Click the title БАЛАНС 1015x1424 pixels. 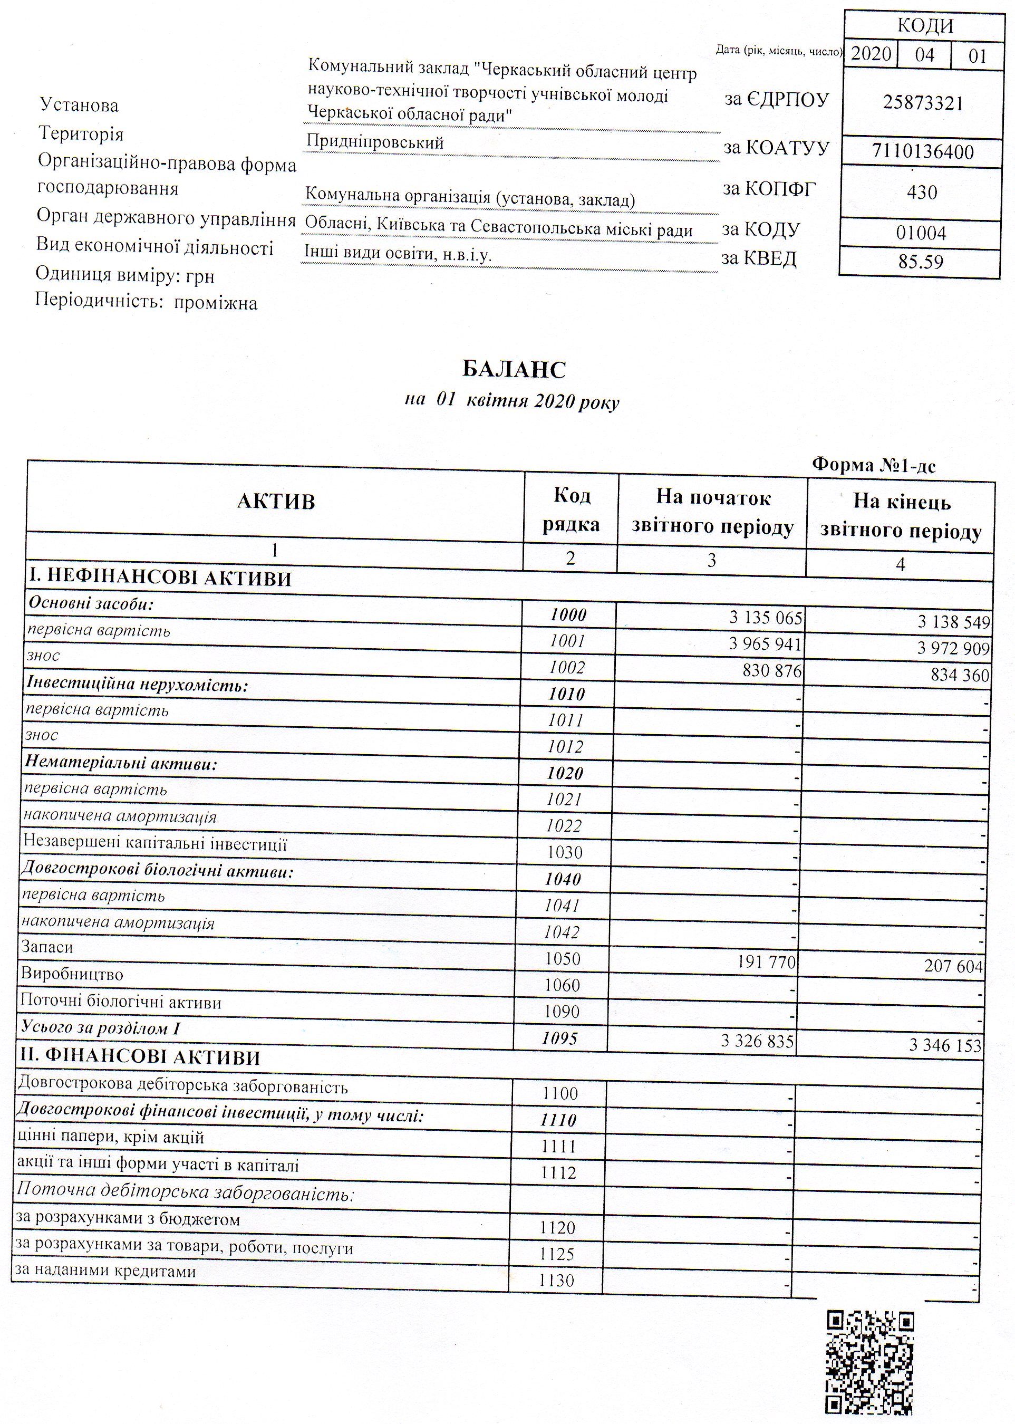[x=514, y=369]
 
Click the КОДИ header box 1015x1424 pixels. [x=924, y=26]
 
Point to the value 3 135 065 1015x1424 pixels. [x=765, y=618]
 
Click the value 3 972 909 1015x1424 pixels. [x=953, y=649]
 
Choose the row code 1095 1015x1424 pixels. [x=560, y=1038]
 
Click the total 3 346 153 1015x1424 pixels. [x=945, y=1045]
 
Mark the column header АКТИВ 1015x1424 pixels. [x=276, y=502]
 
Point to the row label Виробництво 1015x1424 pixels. [x=72, y=975]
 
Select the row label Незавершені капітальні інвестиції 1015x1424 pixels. [x=155, y=844]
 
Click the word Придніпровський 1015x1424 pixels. [x=375, y=142]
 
